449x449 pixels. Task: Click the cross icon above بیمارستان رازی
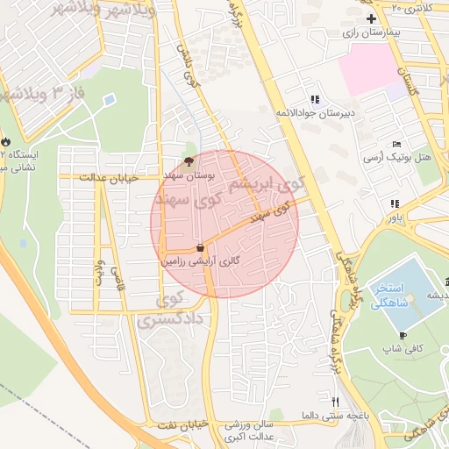click(x=372, y=18)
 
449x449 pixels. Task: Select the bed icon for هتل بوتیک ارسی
click(x=397, y=144)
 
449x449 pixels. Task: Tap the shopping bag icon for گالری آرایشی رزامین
click(x=202, y=248)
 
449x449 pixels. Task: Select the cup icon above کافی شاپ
click(x=403, y=335)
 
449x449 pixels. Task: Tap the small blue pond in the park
click(x=109, y=100)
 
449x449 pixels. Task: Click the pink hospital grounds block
click(x=368, y=70)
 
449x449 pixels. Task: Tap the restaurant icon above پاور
click(x=395, y=203)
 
